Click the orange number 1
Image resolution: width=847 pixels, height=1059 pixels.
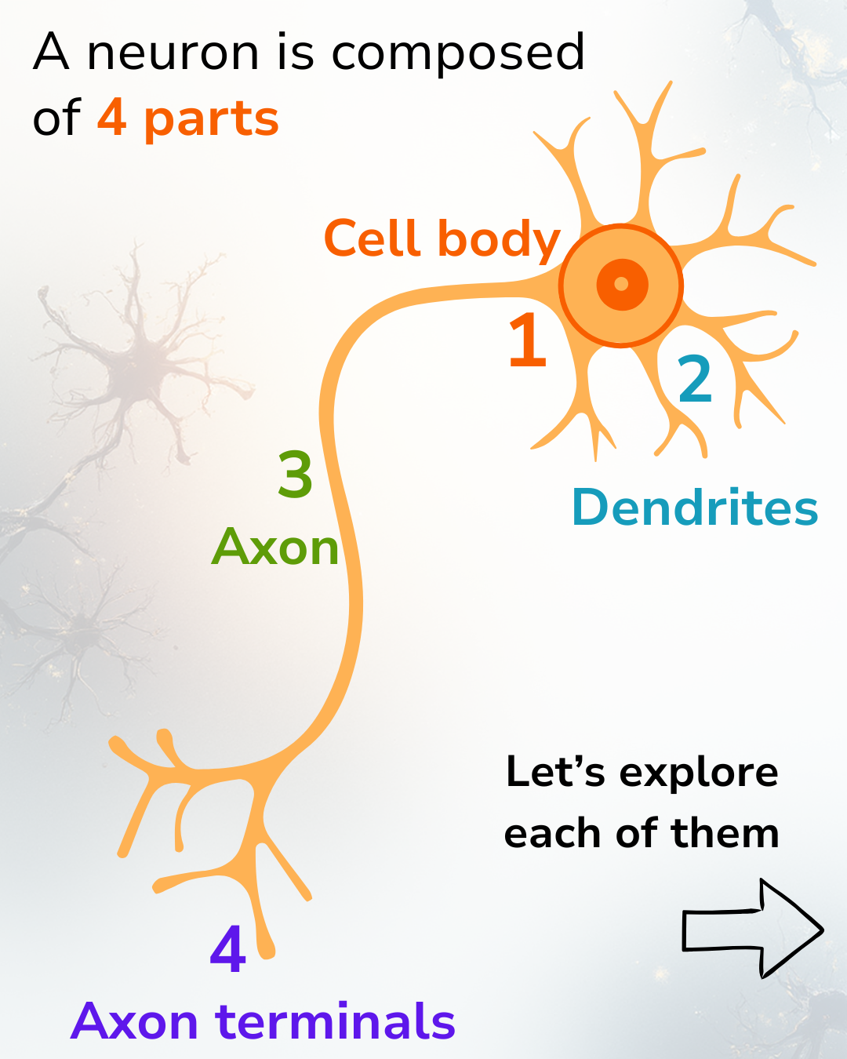pos(527,340)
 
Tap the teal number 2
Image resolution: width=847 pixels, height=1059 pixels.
pos(695,380)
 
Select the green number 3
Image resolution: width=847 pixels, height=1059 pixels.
pos(296,475)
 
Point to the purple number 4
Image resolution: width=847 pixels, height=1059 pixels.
pos(228,949)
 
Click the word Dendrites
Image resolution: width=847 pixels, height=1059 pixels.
pos(695,508)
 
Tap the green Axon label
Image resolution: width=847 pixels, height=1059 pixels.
pos(275,547)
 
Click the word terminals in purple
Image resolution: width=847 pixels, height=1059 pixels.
pos(336,1021)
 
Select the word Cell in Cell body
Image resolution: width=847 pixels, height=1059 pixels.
pos(373,238)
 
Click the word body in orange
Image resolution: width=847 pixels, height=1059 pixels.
pos(499,240)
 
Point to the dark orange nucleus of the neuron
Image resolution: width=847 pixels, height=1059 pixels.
pos(622,284)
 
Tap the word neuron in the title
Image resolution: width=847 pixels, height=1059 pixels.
pos(173,53)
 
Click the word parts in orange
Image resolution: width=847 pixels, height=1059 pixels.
pos(211,120)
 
